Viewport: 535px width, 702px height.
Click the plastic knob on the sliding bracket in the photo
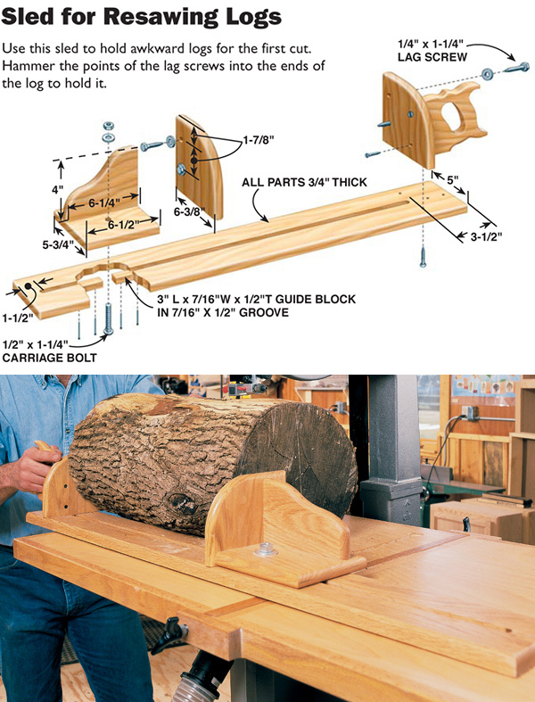[265, 549]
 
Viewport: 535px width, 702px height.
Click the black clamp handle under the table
[169, 635]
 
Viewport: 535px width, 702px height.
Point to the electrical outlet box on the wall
[467, 417]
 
